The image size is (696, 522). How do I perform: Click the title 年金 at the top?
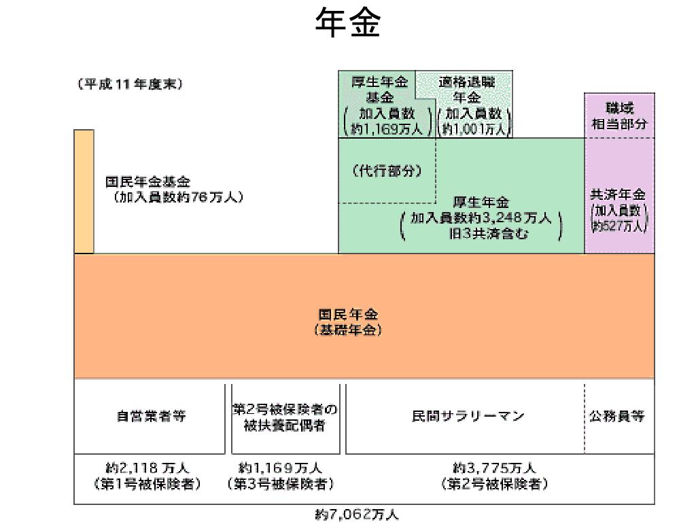tap(347, 22)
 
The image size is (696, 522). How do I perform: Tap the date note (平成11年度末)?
tap(130, 84)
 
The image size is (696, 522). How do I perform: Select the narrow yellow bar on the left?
tap(84, 192)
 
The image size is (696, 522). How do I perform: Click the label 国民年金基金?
tap(147, 182)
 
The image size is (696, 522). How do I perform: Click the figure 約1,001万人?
tap(474, 128)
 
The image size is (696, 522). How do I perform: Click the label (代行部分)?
tap(387, 171)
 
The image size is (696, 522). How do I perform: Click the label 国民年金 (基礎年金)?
tap(348, 322)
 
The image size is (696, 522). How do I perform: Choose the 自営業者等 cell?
tap(150, 417)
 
